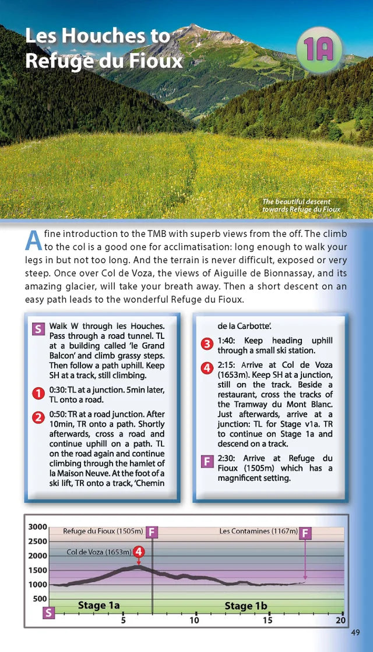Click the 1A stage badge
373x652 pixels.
[318, 51]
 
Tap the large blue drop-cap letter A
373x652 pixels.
[34, 239]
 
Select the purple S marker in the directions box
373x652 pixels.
[38, 329]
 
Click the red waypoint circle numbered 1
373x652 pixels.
[38, 394]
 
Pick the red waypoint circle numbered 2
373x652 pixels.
[38, 417]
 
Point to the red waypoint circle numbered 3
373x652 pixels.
[206, 345]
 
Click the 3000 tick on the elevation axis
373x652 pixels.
[38, 527]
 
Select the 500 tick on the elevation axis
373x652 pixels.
[39, 598]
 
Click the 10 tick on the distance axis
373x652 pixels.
[194, 620]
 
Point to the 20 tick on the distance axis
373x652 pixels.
[341, 620]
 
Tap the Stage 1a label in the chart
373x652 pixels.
[99, 605]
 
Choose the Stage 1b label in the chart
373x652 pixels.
[246, 606]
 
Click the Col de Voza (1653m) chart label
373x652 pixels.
[98, 552]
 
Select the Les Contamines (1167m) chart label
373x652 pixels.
[258, 531]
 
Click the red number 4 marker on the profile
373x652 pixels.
[139, 551]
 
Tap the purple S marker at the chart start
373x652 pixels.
[49, 612]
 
